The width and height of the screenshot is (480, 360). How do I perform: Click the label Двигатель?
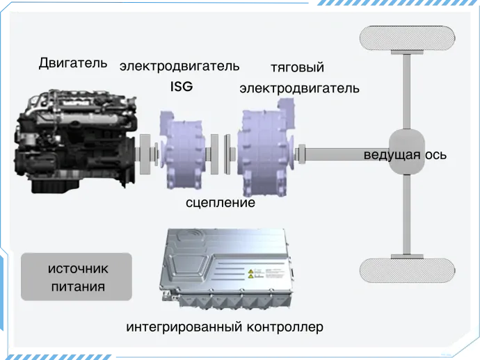click(x=73, y=63)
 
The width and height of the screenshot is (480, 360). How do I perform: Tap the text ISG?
click(x=182, y=87)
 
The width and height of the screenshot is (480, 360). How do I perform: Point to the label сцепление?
click(x=221, y=203)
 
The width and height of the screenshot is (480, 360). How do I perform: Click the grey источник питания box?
click(x=77, y=277)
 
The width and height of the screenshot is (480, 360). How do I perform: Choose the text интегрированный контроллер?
click(x=225, y=327)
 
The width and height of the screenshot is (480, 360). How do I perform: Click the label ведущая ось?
click(x=405, y=155)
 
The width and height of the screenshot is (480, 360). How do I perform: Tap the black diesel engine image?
click(x=75, y=141)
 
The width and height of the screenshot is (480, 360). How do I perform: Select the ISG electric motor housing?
click(x=183, y=150)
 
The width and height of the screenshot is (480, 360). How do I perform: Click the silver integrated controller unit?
click(x=227, y=268)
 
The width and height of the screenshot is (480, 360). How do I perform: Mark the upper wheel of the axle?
click(x=407, y=38)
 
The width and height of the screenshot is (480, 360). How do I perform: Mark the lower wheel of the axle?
click(x=407, y=270)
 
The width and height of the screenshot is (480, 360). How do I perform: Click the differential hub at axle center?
click(x=407, y=152)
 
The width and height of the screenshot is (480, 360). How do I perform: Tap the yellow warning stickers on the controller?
click(x=250, y=274)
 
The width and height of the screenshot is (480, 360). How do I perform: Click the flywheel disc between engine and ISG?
click(x=145, y=154)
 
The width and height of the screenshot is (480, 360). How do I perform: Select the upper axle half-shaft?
click(x=407, y=92)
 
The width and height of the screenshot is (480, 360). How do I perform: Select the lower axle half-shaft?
click(x=407, y=215)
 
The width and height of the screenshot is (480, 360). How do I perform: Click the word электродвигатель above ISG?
click(x=179, y=67)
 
